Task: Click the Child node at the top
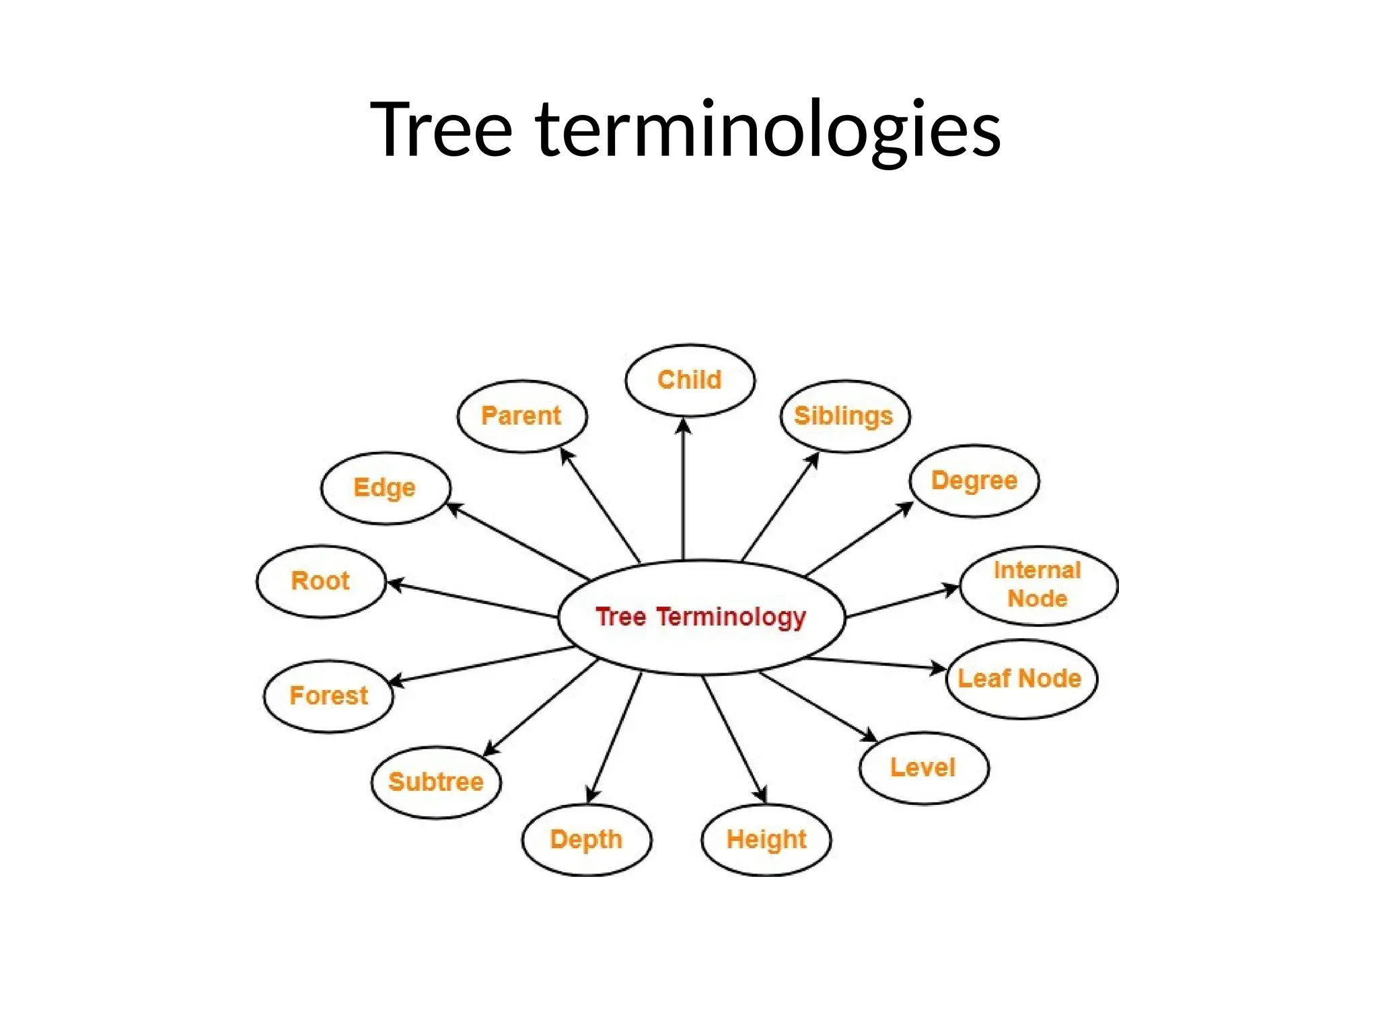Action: point(690,380)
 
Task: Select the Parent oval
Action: point(521,416)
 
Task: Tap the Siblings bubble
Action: point(844,416)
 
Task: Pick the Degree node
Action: point(974,481)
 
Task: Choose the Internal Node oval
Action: point(1038,585)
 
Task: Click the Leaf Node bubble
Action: point(1021,679)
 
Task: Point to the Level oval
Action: point(924,767)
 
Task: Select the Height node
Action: point(766,839)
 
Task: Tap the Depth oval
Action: point(586,839)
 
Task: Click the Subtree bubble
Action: point(436,781)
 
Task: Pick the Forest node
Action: point(328,695)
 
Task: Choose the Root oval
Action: point(320,580)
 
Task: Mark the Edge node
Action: point(385,488)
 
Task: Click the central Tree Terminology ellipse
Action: point(700,617)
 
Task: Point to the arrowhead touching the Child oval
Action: point(684,426)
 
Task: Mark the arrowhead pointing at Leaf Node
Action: point(939,668)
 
